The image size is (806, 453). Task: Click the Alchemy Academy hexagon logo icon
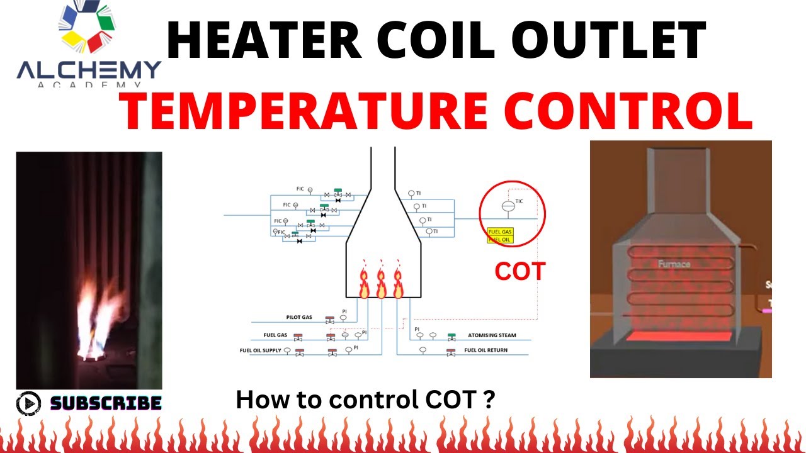(86, 29)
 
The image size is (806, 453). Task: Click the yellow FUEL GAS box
(501, 232)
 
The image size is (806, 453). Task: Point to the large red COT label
(519, 272)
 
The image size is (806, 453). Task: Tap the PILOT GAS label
(299, 318)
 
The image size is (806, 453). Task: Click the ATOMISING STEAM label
(492, 335)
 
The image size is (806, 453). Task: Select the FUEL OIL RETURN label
(485, 350)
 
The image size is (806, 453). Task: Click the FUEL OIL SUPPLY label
(260, 350)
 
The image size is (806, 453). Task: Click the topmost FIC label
(300, 189)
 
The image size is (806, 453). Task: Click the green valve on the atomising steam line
(451, 337)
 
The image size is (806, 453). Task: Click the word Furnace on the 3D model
(674, 264)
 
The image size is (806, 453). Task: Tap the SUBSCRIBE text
(106, 403)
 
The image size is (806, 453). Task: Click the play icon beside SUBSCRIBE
(28, 403)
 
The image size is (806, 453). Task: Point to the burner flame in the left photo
(98, 321)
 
